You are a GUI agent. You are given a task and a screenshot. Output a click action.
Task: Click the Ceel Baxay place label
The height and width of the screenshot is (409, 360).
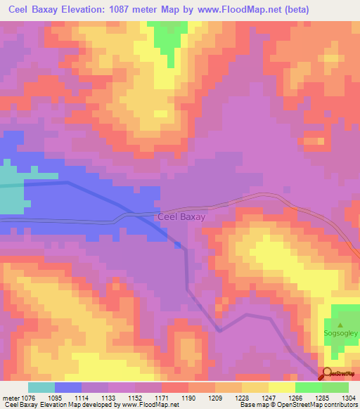click(181, 217)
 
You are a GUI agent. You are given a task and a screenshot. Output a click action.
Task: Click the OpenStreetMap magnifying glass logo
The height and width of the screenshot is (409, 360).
click(326, 374)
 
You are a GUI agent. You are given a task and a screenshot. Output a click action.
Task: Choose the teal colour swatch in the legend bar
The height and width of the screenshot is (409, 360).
click(41, 387)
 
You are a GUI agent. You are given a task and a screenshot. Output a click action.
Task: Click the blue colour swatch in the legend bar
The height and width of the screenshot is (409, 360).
click(67, 387)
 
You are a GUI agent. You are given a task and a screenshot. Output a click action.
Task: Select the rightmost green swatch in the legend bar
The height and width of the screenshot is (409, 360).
click(335, 387)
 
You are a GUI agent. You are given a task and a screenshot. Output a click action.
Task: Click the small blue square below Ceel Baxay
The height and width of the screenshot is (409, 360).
click(178, 245)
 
